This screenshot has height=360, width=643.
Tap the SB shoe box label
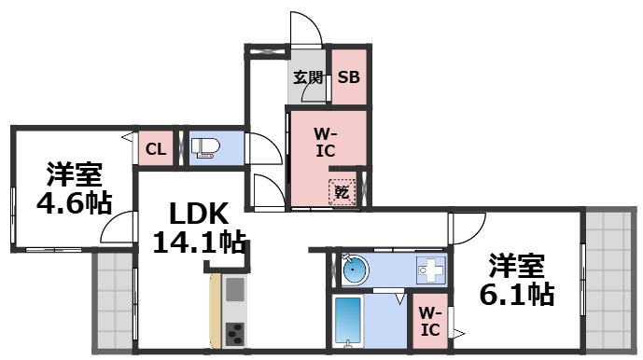[348, 78]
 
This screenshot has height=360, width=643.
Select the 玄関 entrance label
[308, 78]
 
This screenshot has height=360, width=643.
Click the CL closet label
[156, 148]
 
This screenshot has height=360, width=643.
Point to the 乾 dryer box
[342, 192]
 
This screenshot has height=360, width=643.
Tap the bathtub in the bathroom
[349, 323]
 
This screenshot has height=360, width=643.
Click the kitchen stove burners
[234, 331]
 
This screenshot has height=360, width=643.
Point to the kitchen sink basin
[234, 288]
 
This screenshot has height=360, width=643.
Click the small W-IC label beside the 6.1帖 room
[430, 322]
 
